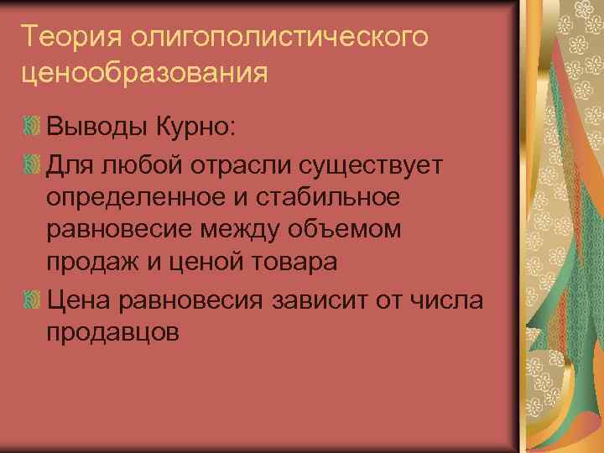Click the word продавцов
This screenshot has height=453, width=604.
113,332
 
